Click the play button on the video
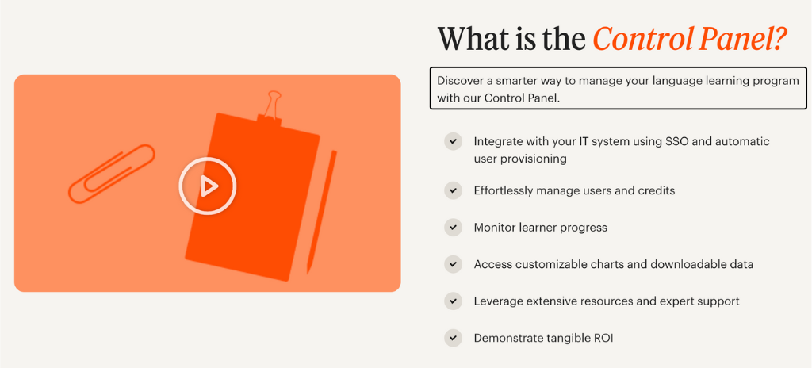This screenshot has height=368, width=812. coord(208,186)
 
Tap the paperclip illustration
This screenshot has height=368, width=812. coord(112,173)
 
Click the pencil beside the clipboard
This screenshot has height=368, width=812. coord(321,211)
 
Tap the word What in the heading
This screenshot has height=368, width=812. coord(473,39)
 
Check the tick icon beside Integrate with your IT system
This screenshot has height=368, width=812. coord(453,142)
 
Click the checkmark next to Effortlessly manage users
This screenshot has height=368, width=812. coord(453,190)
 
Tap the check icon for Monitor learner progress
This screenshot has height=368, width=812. coord(453,228)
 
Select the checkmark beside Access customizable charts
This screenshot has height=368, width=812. coord(453,264)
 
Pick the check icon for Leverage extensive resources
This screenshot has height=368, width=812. coord(453,301)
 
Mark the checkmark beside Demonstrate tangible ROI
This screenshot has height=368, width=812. coord(453,338)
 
